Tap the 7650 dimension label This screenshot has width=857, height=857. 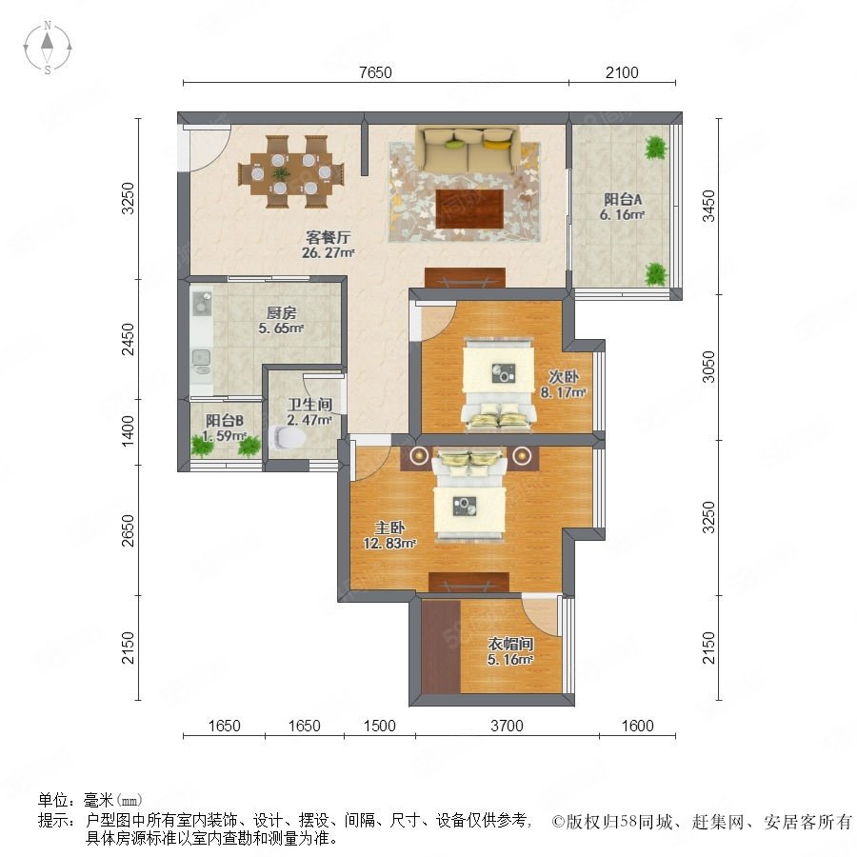coord(375,72)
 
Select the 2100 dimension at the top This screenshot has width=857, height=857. coord(622,72)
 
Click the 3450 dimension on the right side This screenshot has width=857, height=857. coord(708,206)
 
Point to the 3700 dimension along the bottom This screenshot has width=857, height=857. coord(507,726)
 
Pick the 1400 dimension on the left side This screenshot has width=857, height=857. coord(128,431)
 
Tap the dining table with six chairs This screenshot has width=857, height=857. coord(291,172)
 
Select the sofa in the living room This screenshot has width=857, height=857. coord(468,149)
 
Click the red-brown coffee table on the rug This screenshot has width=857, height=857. coord(469,209)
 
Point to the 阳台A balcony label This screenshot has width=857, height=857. coord(623,200)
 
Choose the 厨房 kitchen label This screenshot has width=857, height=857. coord(282,312)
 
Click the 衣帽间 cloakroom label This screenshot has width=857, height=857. coord(510,644)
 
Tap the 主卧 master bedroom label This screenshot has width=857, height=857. coord(389,528)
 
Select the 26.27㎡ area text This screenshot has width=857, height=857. coord(328,252)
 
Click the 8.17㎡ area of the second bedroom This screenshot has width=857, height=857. coord(563,392)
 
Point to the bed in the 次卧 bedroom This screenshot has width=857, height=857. coord(498,385)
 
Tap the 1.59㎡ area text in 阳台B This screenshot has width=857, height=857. coord(224,435)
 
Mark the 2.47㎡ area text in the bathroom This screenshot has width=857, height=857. coord(309,420)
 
